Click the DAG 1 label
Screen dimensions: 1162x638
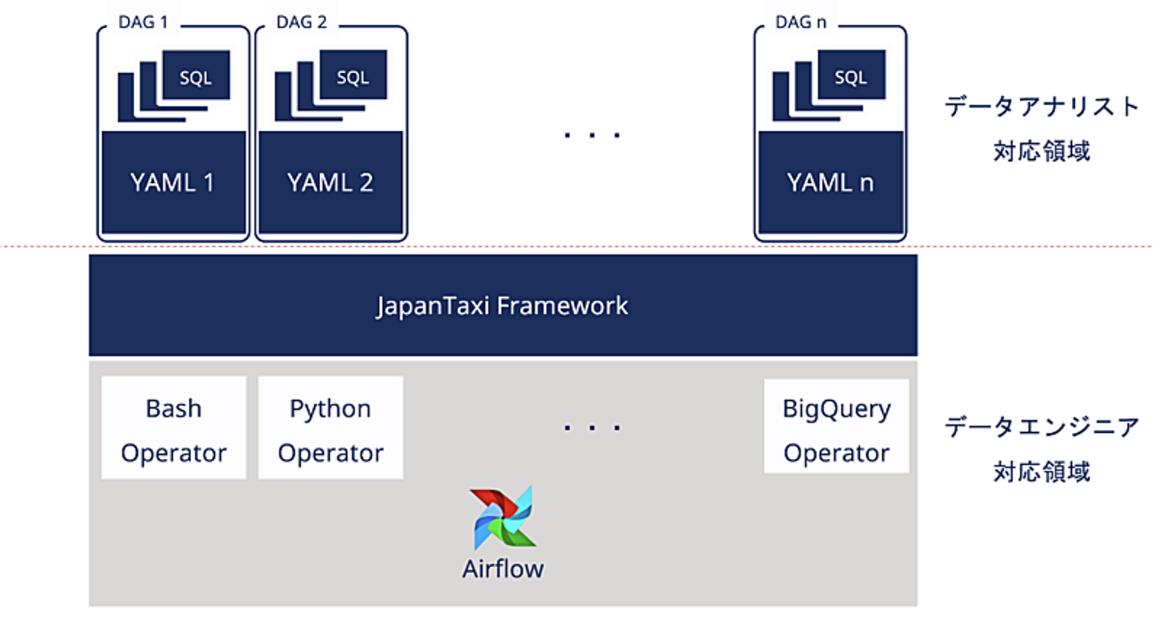143,22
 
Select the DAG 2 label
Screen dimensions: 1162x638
301,22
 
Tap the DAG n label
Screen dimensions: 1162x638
801,22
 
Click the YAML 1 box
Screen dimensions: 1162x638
174,182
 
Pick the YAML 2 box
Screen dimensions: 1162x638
330,182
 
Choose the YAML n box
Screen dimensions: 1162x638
830,182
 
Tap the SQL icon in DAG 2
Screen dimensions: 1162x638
330,85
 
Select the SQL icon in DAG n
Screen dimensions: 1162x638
829,85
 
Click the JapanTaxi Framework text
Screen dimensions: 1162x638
502,306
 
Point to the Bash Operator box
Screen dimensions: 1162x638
174,428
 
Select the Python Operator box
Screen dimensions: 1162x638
330,428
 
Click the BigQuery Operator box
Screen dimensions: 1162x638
836,426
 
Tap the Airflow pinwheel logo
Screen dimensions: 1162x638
503,518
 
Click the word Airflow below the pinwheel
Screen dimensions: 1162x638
503,569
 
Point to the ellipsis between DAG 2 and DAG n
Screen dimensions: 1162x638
592,135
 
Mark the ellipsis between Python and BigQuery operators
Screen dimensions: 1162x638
592,428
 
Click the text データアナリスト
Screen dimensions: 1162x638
1042,107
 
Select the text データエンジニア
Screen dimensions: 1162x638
1042,427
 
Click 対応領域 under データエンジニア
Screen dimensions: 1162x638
1042,472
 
